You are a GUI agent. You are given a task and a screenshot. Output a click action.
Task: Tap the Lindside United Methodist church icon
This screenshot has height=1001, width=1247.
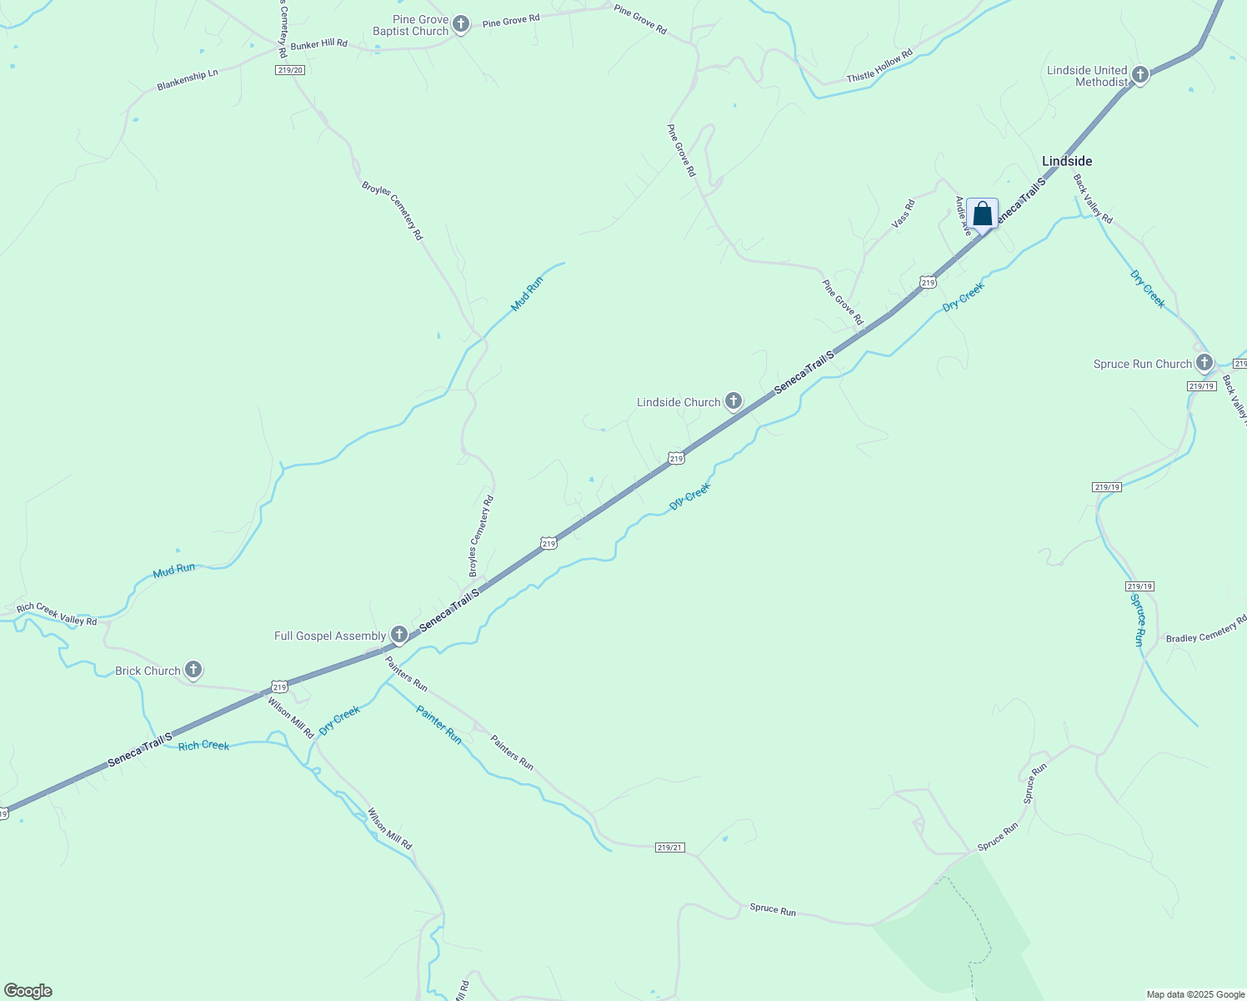pyautogui.click(x=1140, y=76)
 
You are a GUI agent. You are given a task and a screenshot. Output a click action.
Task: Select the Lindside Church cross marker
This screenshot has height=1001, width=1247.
pyautogui.click(x=734, y=402)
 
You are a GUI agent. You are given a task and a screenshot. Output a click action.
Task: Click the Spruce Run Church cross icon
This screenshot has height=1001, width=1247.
pyautogui.click(x=1204, y=363)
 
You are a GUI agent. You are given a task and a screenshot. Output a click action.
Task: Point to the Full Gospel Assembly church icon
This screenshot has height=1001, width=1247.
pyautogui.click(x=399, y=636)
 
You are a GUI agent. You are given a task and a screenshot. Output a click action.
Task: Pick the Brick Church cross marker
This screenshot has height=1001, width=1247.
pyautogui.click(x=193, y=670)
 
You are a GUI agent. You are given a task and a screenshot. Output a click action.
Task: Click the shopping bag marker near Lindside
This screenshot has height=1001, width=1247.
pyautogui.click(x=983, y=214)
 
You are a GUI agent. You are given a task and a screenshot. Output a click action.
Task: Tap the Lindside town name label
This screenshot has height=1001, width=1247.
pyautogui.click(x=1067, y=161)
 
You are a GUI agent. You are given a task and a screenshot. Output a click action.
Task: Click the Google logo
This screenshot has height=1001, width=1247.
pyautogui.click(x=28, y=991)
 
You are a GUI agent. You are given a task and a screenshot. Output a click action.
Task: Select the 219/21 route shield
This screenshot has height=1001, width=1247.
pyautogui.click(x=669, y=848)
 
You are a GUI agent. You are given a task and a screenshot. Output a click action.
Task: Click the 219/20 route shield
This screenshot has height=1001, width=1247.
pyautogui.click(x=290, y=70)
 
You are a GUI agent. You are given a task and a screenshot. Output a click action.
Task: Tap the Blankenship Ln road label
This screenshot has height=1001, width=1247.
pyautogui.click(x=188, y=79)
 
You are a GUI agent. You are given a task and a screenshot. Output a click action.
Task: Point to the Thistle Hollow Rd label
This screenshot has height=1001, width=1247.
pyautogui.click(x=879, y=66)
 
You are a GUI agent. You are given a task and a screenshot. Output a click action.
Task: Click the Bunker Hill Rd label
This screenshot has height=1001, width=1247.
pyautogui.click(x=319, y=43)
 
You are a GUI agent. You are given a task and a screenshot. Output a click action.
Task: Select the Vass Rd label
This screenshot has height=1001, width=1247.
pyautogui.click(x=903, y=214)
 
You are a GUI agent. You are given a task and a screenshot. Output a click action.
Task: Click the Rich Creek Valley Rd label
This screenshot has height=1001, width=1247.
pyautogui.click(x=57, y=614)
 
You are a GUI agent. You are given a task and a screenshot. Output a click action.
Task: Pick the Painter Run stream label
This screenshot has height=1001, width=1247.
pyautogui.click(x=439, y=725)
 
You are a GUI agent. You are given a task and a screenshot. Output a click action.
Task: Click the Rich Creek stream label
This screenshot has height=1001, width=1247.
pyautogui.click(x=203, y=745)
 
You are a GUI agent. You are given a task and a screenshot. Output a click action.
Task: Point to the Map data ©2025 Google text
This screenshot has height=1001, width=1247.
pyautogui.click(x=1195, y=994)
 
